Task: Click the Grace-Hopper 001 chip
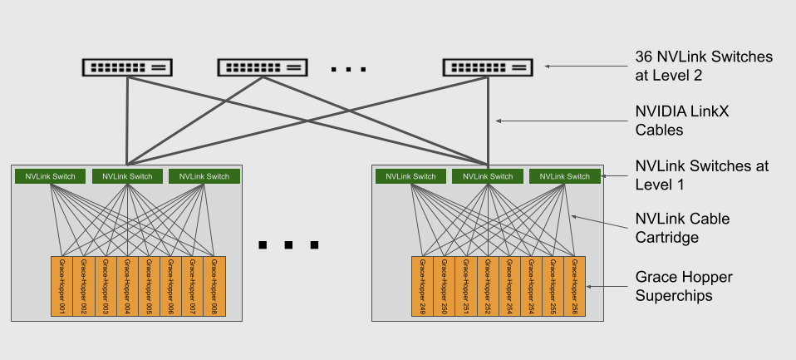pos(61,286)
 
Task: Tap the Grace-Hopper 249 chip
pos(422,286)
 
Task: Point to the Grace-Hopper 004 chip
pos(126,286)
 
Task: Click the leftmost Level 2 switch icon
pos(126,67)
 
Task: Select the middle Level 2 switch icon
pos(263,67)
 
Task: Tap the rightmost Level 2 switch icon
pos(488,67)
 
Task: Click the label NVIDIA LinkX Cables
pos(670,120)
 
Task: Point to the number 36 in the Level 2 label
pos(644,57)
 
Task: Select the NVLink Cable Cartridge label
pos(681,228)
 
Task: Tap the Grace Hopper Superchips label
pos(683,285)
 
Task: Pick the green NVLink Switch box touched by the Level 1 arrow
pos(565,176)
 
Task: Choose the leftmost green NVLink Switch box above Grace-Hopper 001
pos(51,176)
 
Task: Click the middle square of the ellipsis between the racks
pos(288,245)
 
